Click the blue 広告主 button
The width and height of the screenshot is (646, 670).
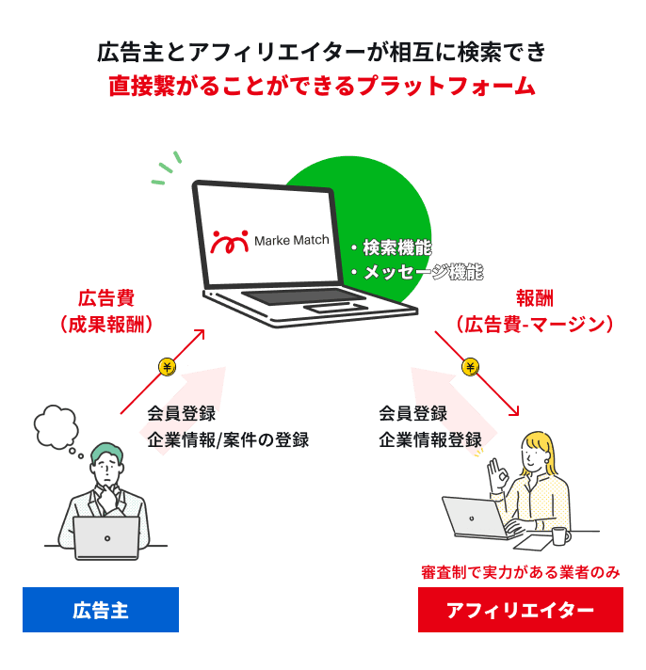[x=101, y=610]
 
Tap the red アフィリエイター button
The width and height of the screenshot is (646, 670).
[x=520, y=610]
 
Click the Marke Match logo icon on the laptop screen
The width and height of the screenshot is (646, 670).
[x=231, y=241]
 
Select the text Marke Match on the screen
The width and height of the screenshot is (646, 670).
[x=292, y=240]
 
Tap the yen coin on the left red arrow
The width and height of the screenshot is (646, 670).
[x=167, y=367]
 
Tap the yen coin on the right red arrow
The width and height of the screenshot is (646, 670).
[x=470, y=366]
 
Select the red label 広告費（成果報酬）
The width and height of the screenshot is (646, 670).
[x=105, y=311]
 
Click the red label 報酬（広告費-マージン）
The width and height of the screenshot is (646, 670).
[x=533, y=311]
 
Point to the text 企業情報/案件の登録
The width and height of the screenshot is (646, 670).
[x=227, y=439]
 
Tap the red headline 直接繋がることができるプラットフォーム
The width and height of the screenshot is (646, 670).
[x=322, y=88]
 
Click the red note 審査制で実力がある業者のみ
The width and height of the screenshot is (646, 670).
[x=520, y=571]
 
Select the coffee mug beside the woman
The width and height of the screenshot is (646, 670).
[x=560, y=536]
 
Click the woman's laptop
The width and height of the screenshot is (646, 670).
[x=476, y=518]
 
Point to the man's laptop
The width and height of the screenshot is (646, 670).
[x=105, y=537]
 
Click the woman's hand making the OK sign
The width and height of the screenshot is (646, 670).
[x=495, y=470]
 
